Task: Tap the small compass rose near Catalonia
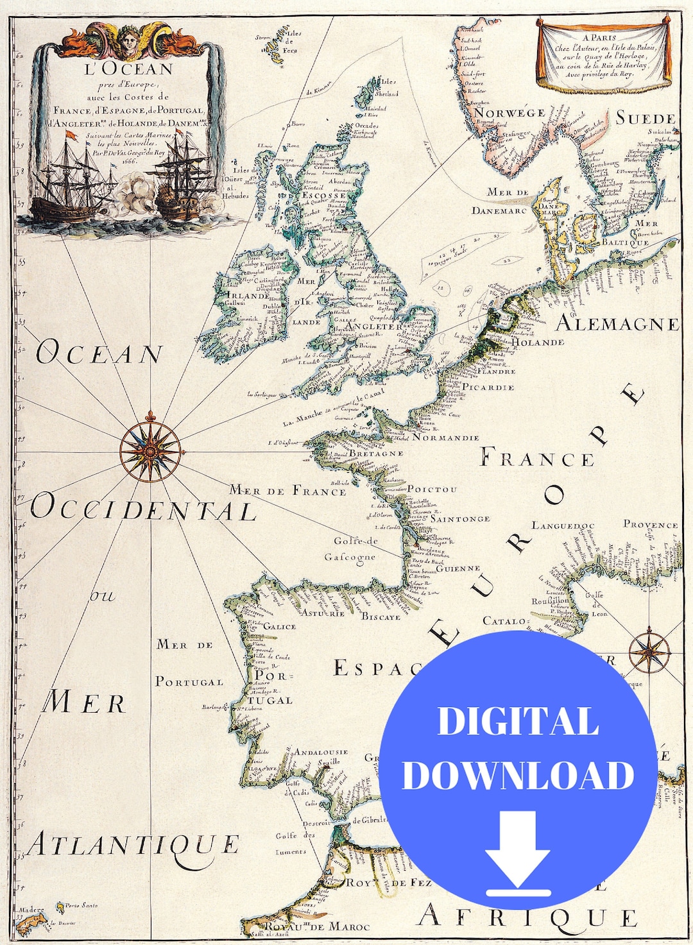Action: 649,652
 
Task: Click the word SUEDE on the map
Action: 646,119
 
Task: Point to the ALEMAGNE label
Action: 617,323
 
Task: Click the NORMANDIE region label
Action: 446,438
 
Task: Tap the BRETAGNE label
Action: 376,454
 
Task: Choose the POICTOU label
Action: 432,489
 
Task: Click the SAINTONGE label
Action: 460,518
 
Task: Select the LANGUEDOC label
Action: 563,526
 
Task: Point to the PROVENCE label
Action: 650,524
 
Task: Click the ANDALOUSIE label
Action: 321,751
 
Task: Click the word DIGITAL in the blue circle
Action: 517,721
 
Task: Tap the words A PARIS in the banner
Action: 599,37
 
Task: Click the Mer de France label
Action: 287,491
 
